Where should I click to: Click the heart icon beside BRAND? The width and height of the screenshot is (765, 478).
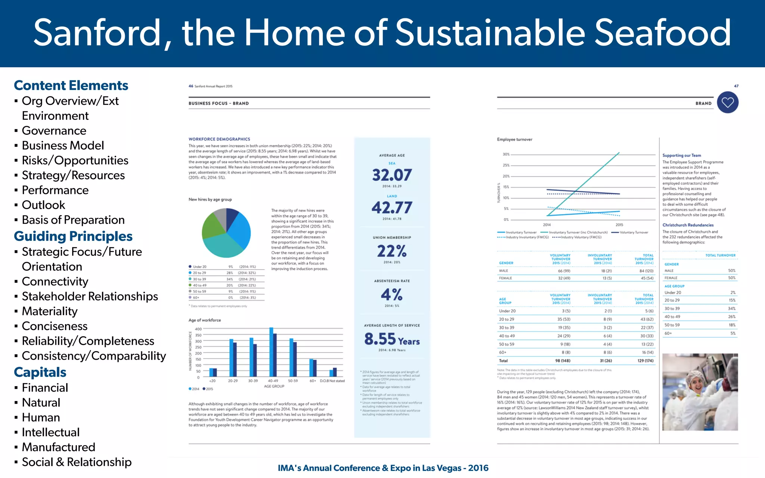728,102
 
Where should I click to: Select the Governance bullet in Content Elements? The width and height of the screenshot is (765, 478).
54,131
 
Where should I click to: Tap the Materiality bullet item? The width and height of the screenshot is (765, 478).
50,311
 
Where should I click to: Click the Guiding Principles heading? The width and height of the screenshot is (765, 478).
73,236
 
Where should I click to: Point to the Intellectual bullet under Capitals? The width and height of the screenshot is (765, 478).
50,432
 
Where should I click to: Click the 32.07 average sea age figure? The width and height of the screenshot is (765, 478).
392,175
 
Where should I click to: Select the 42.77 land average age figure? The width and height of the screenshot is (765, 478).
392,208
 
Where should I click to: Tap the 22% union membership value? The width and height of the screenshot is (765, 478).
392,251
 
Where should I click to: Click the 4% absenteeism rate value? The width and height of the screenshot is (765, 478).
392,295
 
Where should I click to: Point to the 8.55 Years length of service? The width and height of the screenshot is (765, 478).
392,339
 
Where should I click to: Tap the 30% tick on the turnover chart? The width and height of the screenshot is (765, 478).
506,154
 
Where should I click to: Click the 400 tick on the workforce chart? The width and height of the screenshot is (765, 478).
198,329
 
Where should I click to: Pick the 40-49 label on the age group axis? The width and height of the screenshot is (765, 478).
273,381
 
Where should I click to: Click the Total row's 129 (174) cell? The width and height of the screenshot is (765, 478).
645,361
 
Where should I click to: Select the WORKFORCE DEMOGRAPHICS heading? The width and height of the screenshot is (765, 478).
219,139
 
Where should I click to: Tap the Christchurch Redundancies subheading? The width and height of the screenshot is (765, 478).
688,225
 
